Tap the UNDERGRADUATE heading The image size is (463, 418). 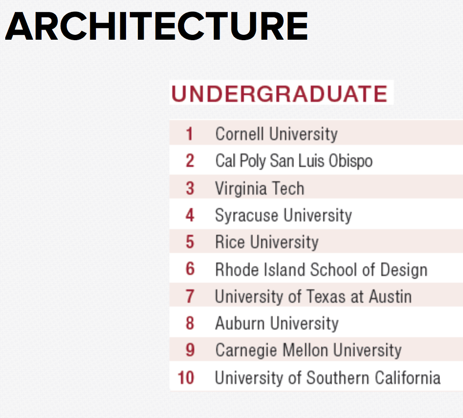(279, 94)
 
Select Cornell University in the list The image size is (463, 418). (276, 134)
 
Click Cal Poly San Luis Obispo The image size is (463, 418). (294, 161)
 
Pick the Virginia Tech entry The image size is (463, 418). (259, 188)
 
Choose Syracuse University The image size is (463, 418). (283, 215)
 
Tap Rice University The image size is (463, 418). (266, 242)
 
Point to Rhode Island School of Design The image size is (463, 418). (321, 270)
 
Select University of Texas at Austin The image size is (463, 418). (313, 297)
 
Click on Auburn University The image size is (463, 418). (276, 324)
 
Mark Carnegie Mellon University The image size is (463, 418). (308, 351)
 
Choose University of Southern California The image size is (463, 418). (327, 378)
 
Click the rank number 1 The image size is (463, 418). (189, 134)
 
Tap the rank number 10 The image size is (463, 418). (186, 378)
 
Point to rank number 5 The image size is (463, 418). (190, 242)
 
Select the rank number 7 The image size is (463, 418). (190, 297)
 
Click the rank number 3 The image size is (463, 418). (190, 188)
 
